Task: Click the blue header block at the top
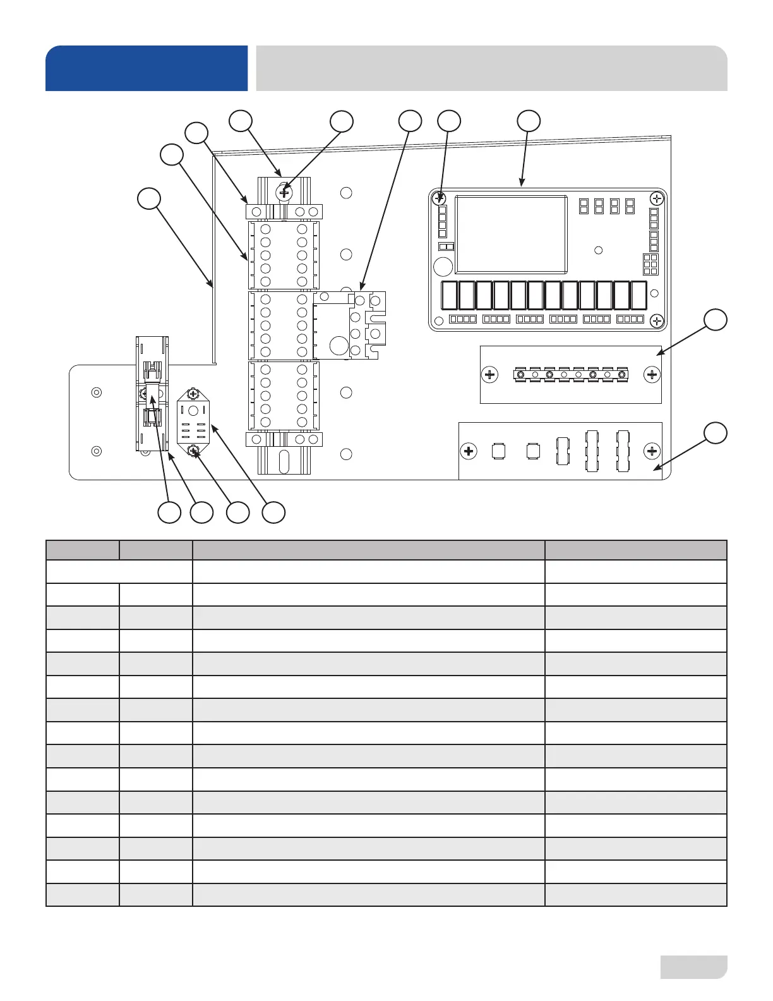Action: pyautogui.click(x=147, y=68)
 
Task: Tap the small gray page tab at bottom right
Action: pyautogui.click(x=693, y=967)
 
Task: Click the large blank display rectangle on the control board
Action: pyautogui.click(x=511, y=234)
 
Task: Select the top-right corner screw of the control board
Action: pyautogui.click(x=657, y=198)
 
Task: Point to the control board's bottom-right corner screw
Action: pyautogui.click(x=657, y=320)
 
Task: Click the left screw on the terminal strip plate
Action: pyautogui.click(x=489, y=375)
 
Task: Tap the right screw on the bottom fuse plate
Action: pyautogui.click(x=652, y=451)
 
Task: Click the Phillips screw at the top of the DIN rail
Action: pyautogui.click(x=284, y=191)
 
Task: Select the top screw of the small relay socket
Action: pyautogui.click(x=194, y=394)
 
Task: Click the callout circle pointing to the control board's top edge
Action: pyautogui.click(x=529, y=121)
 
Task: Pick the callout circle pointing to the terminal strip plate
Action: pyautogui.click(x=715, y=320)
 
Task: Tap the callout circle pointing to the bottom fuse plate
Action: pyautogui.click(x=715, y=433)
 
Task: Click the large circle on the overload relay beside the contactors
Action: pyautogui.click(x=339, y=345)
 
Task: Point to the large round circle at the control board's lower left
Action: pyautogui.click(x=443, y=265)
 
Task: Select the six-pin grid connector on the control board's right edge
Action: pyautogui.click(x=650, y=264)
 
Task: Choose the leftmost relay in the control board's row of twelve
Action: pyautogui.click(x=449, y=295)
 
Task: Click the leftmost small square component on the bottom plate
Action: pyautogui.click(x=500, y=451)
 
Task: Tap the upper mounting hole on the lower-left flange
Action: pyautogui.click(x=96, y=392)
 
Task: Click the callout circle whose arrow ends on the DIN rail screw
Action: pyautogui.click(x=342, y=121)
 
